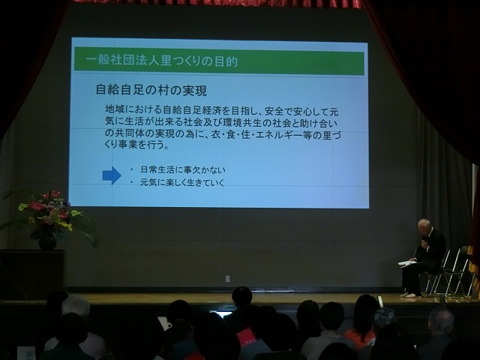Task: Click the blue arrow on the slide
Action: coord(112,175)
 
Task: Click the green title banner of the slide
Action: coord(219,61)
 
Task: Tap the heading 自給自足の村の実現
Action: coord(151,90)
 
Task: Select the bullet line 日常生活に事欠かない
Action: coord(183,169)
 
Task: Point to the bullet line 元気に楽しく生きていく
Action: coord(182,182)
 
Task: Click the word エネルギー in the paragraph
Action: coord(280,135)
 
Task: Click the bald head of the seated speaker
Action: coord(425,226)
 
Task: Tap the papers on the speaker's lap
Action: coord(407,263)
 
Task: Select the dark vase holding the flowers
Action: coord(47,243)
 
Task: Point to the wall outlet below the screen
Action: coord(227,278)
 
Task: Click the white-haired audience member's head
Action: coord(76,305)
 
